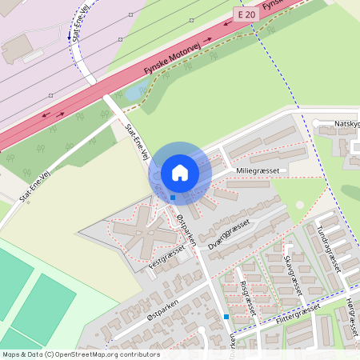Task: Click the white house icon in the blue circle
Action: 180,172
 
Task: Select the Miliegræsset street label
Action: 257,171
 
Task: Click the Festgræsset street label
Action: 167,261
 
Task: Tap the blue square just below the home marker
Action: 172,197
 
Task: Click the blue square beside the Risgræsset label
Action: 226,317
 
